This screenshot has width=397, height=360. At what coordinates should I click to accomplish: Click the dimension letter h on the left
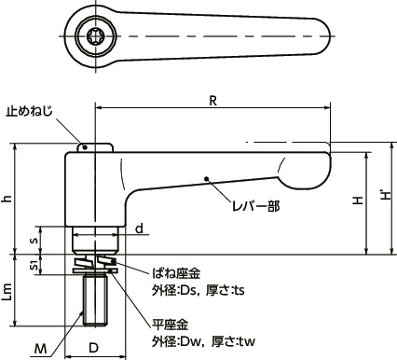(x=8, y=199)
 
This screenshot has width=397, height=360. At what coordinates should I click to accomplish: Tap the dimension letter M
(x=40, y=348)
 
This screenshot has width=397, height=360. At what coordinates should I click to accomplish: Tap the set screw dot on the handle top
(x=83, y=145)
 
